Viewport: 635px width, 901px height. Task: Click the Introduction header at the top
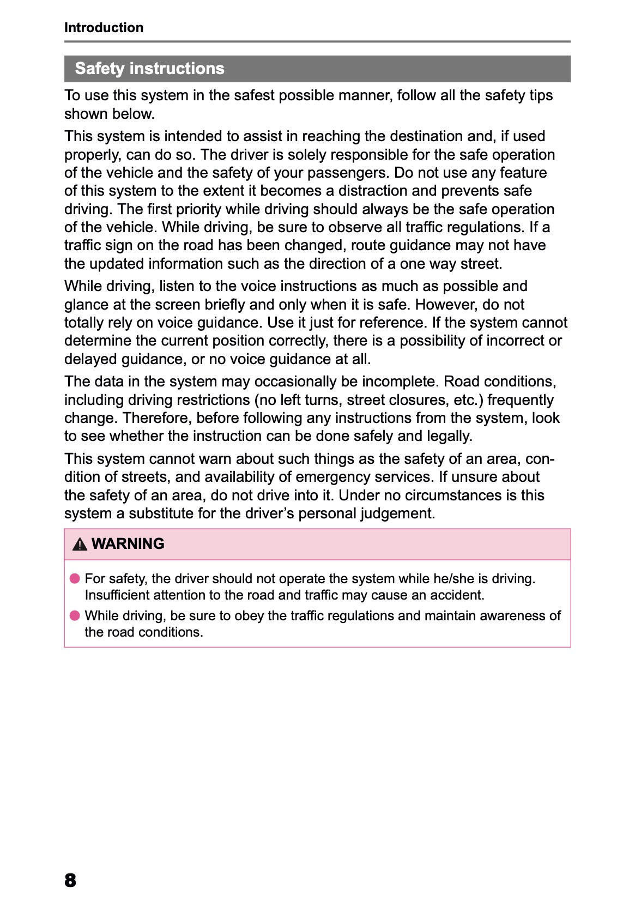tap(104, 27)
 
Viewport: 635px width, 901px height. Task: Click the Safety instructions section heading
tap(149, 68)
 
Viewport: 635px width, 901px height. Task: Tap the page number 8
tap(70, 880)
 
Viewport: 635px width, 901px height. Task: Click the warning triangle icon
tap(80, 544)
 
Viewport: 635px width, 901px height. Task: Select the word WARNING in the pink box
tap(128, 543)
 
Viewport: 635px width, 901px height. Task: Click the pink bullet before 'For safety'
tap(75, 578)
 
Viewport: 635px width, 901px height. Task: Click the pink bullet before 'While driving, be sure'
tap(75, 615)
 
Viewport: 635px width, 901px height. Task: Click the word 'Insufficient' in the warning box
tap(117, 595)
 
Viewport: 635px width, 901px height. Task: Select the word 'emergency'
tap(330, 477)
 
